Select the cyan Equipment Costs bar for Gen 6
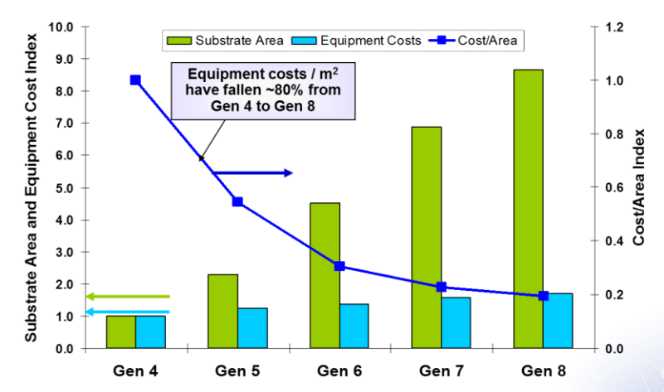pyautogui.click(x=354, y=326)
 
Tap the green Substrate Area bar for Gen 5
pyautogui.click(x=222, y=311)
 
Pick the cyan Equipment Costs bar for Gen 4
pyautogui.click(x=150, y=332)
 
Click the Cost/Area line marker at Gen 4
pyautogui.click(x=135, y=80)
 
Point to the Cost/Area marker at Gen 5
pyautogui.click(x=237, y=201)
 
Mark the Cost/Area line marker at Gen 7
pyautogui.click(x=442, y=287)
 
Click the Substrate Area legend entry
pyautogui.click(x=226, y=39)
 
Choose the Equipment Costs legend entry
pyautogui.click(x=349, y=39)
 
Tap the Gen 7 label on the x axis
pyautogui.click(x=441, y=370)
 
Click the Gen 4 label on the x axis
pyautogui.click(x=134, y=370)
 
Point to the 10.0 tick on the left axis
pyautogui.click(x=64, y=27)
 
